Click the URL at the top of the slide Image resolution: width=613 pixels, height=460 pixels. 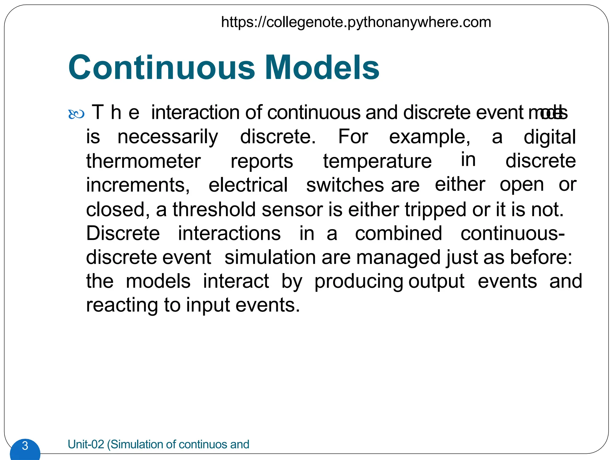pyautogui.click(x=356, y=22)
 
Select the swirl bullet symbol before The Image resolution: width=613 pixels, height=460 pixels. pyautogui.click(x=76, y=114)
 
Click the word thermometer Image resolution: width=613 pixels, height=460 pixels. pyautogui.click(x=143, y=161)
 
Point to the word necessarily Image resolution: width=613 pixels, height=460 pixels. pyautogui.click(x=168, y=137)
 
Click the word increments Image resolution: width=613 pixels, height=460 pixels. pyautogui.click(x=138, y=185)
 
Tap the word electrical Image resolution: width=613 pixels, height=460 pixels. pyautogui.click(x=248, y=185)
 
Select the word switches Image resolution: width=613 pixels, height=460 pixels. pyautogui.click(x=345, y=185)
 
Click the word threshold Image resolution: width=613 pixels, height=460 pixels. pyautogui.click(x=214, y=209)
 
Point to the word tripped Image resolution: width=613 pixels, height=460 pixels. pyautogui.click(x=436, y=210)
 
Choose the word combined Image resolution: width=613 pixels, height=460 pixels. pyautogui.click(x=398, y=233)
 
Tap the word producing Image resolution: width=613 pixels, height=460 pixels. pyautogui.click(x=359, y=282)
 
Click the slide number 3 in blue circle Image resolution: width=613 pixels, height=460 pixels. pyautogui.click(x=25, y=446)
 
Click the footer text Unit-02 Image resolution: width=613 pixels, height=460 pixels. pyautogui.click(x=86, y=444)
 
